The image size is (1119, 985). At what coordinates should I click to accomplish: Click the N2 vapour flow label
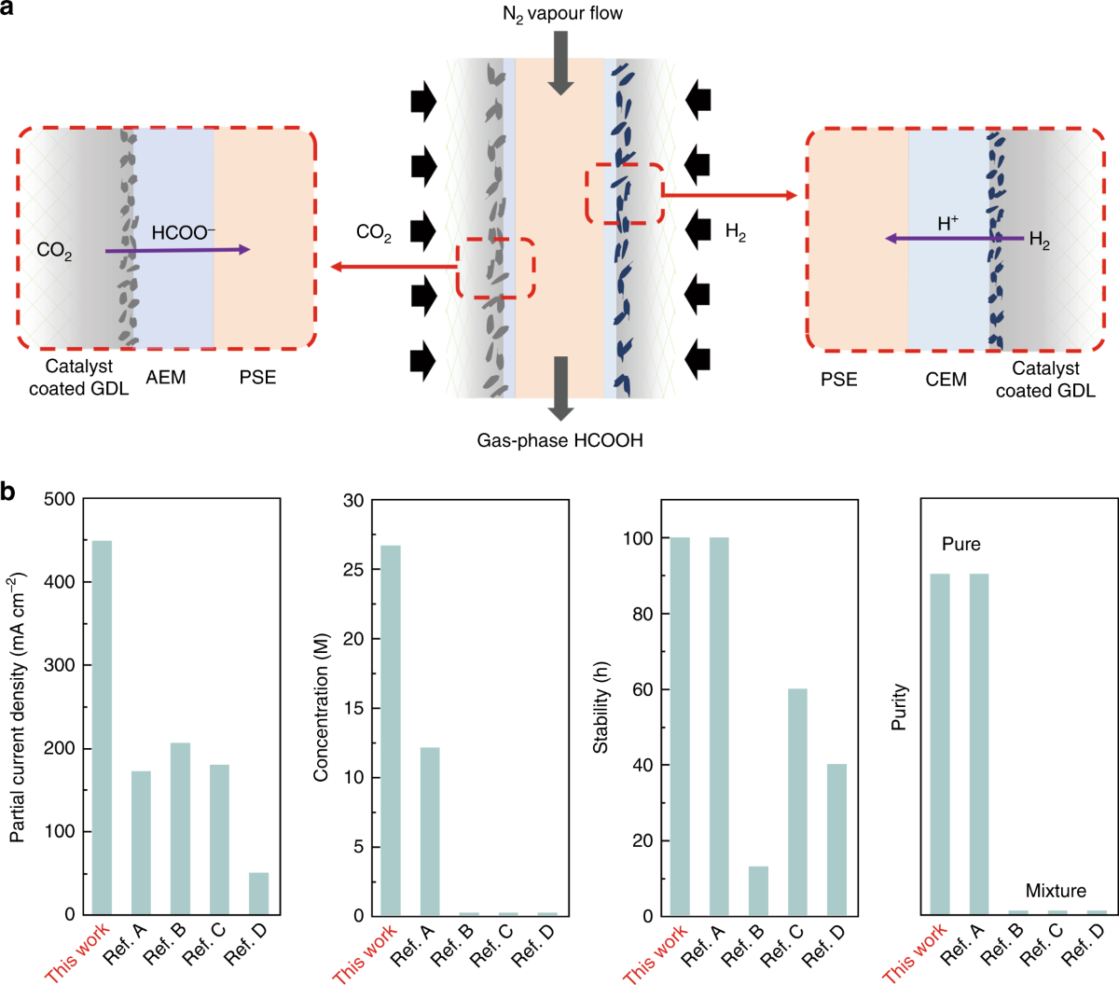(561, 14)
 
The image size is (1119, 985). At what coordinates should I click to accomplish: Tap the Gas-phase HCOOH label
(559, 440)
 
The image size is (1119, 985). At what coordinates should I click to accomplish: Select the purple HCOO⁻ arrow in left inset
(177, 250)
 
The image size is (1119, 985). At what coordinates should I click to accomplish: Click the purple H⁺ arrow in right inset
(942, 239)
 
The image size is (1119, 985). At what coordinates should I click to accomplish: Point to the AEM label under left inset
(166, 378)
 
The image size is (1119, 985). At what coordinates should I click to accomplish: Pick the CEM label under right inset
(946, 380)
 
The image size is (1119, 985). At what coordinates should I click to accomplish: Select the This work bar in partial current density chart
(102, 728)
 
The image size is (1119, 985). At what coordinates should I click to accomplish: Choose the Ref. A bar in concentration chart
(430, 831)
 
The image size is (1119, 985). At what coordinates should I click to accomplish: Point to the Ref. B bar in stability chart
(758, 891)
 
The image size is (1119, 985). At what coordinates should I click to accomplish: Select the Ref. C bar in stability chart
(797, 802)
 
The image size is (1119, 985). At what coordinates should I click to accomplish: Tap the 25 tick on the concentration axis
(353, 569)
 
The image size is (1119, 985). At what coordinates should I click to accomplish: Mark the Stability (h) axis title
(601, 708)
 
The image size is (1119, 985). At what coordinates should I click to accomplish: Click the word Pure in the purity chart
(960, 544)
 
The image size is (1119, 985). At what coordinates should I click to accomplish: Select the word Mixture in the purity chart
(1056, 891)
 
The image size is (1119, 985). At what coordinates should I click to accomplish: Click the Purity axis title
(900, 707)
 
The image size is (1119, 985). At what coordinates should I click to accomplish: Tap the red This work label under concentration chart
(366, 952)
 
